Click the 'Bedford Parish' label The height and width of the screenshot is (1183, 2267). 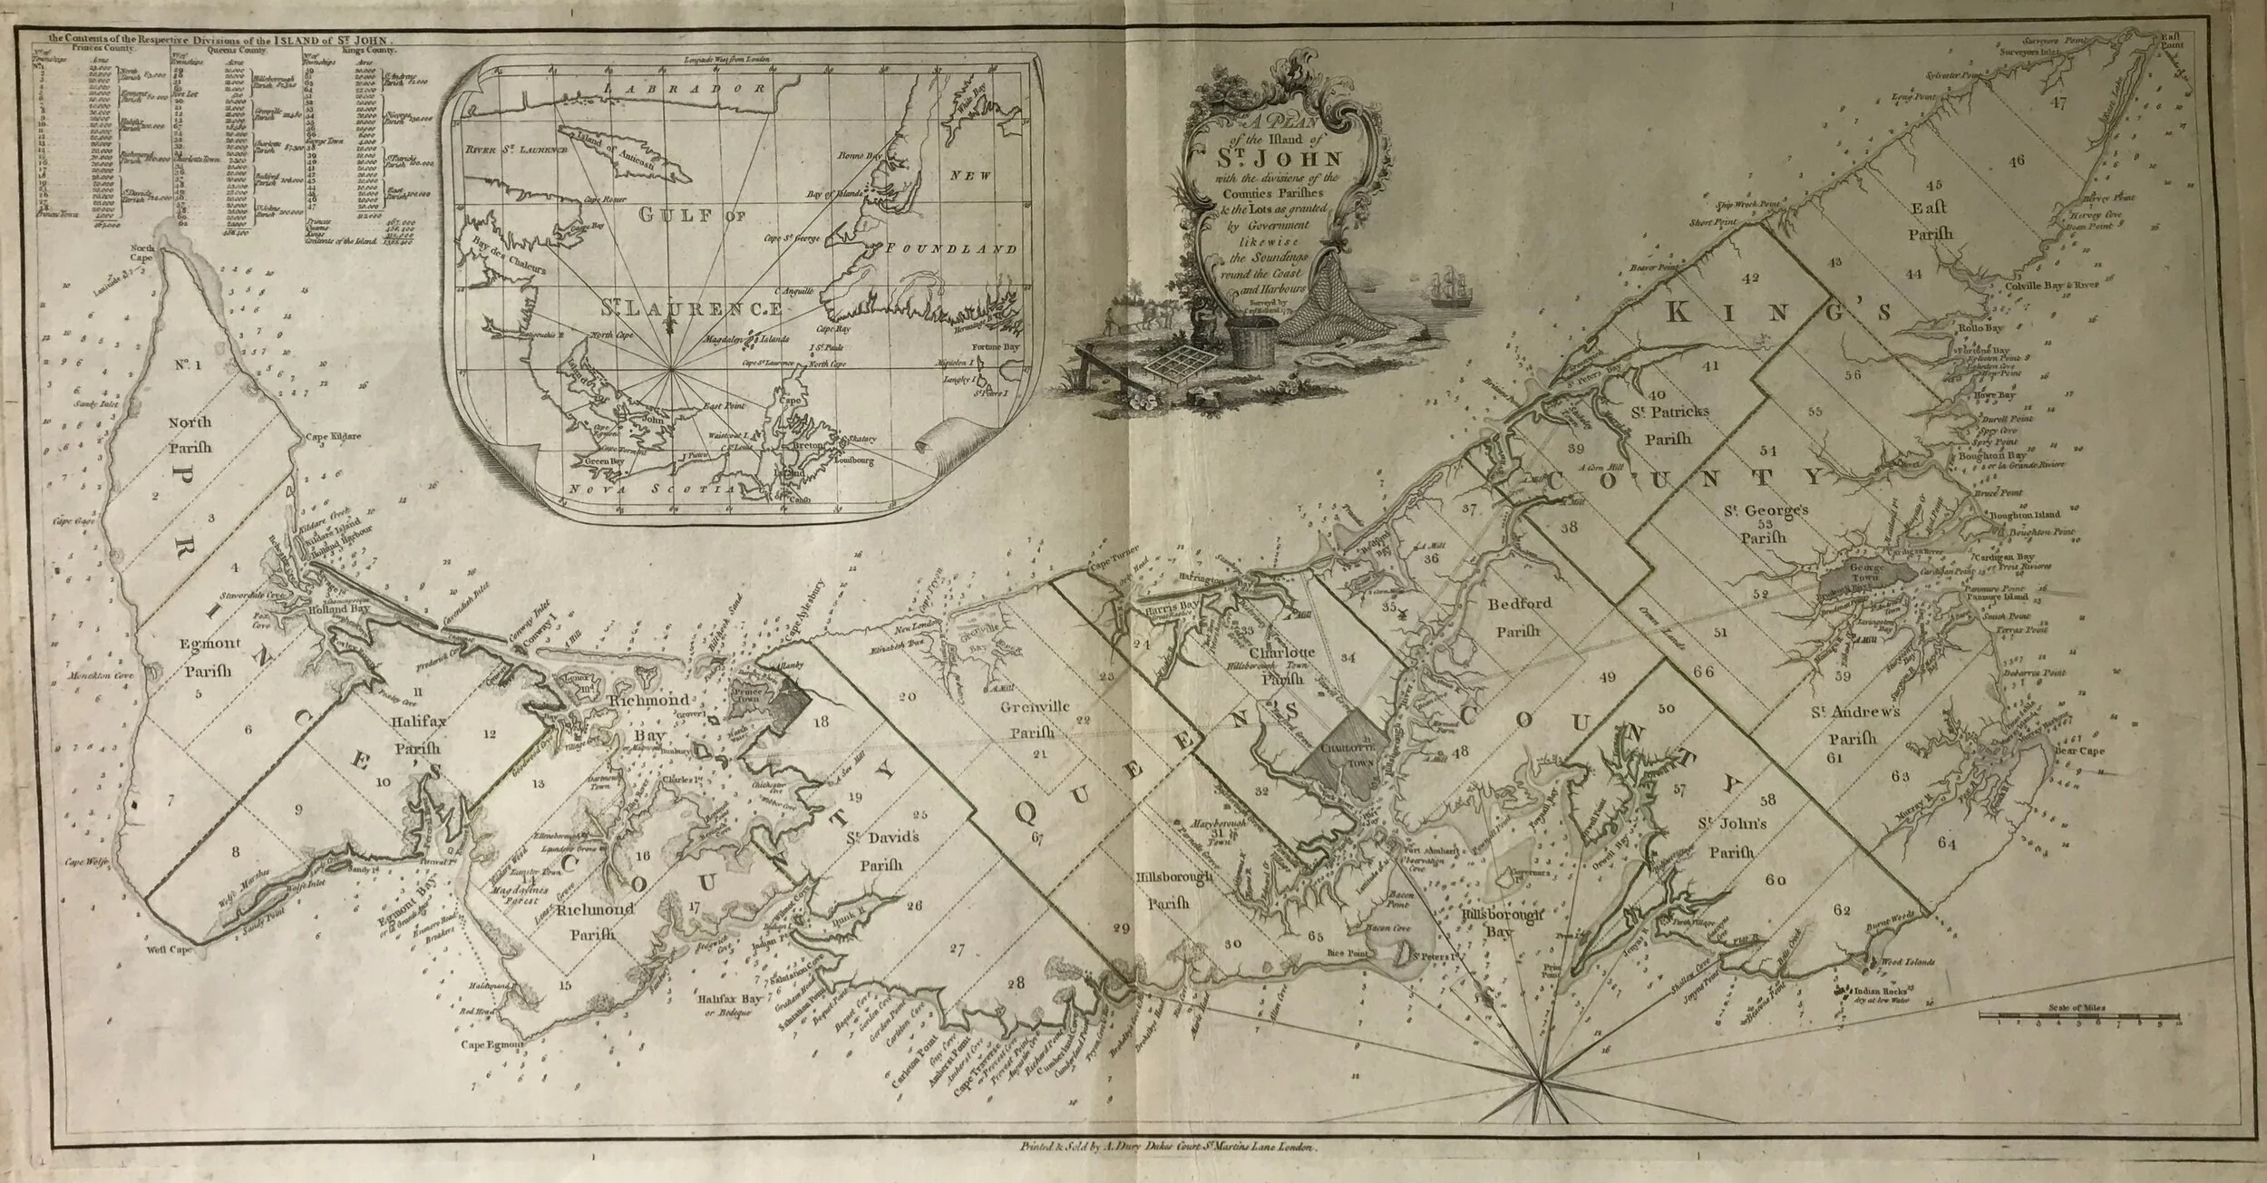pos(1518,613)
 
